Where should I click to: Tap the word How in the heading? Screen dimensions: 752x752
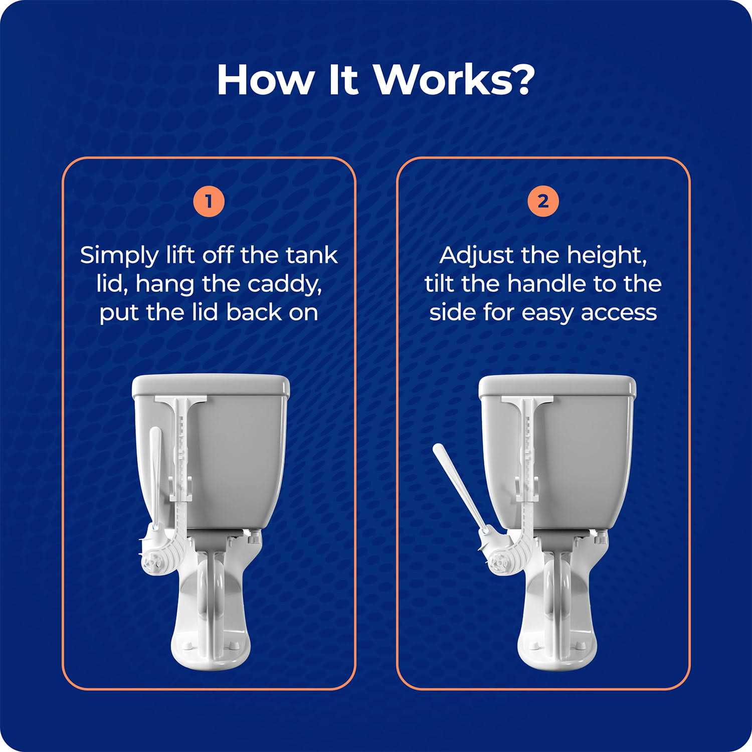(x=264, y=80)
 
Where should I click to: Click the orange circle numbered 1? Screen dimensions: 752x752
(x=209, y=202)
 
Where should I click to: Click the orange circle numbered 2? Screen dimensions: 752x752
(x=543, y=202)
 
